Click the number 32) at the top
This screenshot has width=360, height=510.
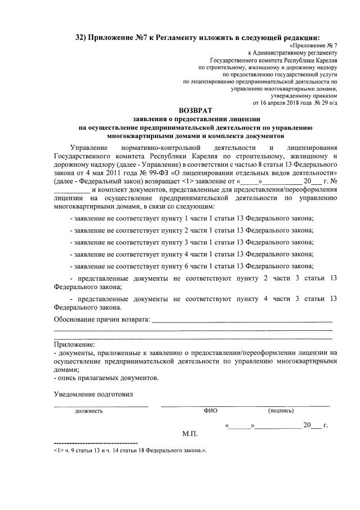tap(84, 37)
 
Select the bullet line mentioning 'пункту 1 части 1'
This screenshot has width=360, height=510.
tap(192, 218)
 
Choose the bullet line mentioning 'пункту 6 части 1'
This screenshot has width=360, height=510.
tap(192, 266)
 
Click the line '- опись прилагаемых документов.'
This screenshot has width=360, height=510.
tap(106, 378)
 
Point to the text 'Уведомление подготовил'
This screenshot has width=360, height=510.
tap(94, 394)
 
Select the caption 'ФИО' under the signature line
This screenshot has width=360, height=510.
tap(210, 410)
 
